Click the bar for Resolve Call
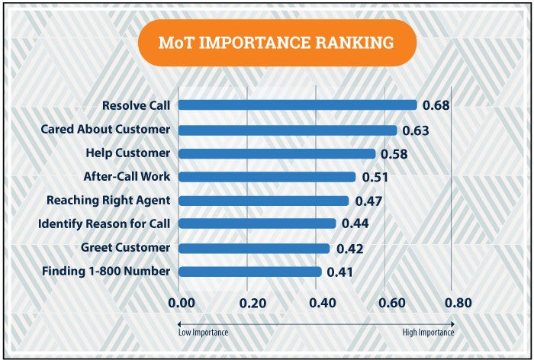coord(298,105)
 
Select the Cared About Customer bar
coord(288,130)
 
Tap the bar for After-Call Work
coord(267,177)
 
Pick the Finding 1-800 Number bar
coord(250,272)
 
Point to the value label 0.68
coord(436,105)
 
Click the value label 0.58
coord(394,154)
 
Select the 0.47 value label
coord(368,201)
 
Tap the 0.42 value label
coord(349,249)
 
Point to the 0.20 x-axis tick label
coord(253,304)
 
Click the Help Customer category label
coord(127,153)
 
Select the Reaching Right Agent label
coord(108,201)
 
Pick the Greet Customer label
coord(125,248)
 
